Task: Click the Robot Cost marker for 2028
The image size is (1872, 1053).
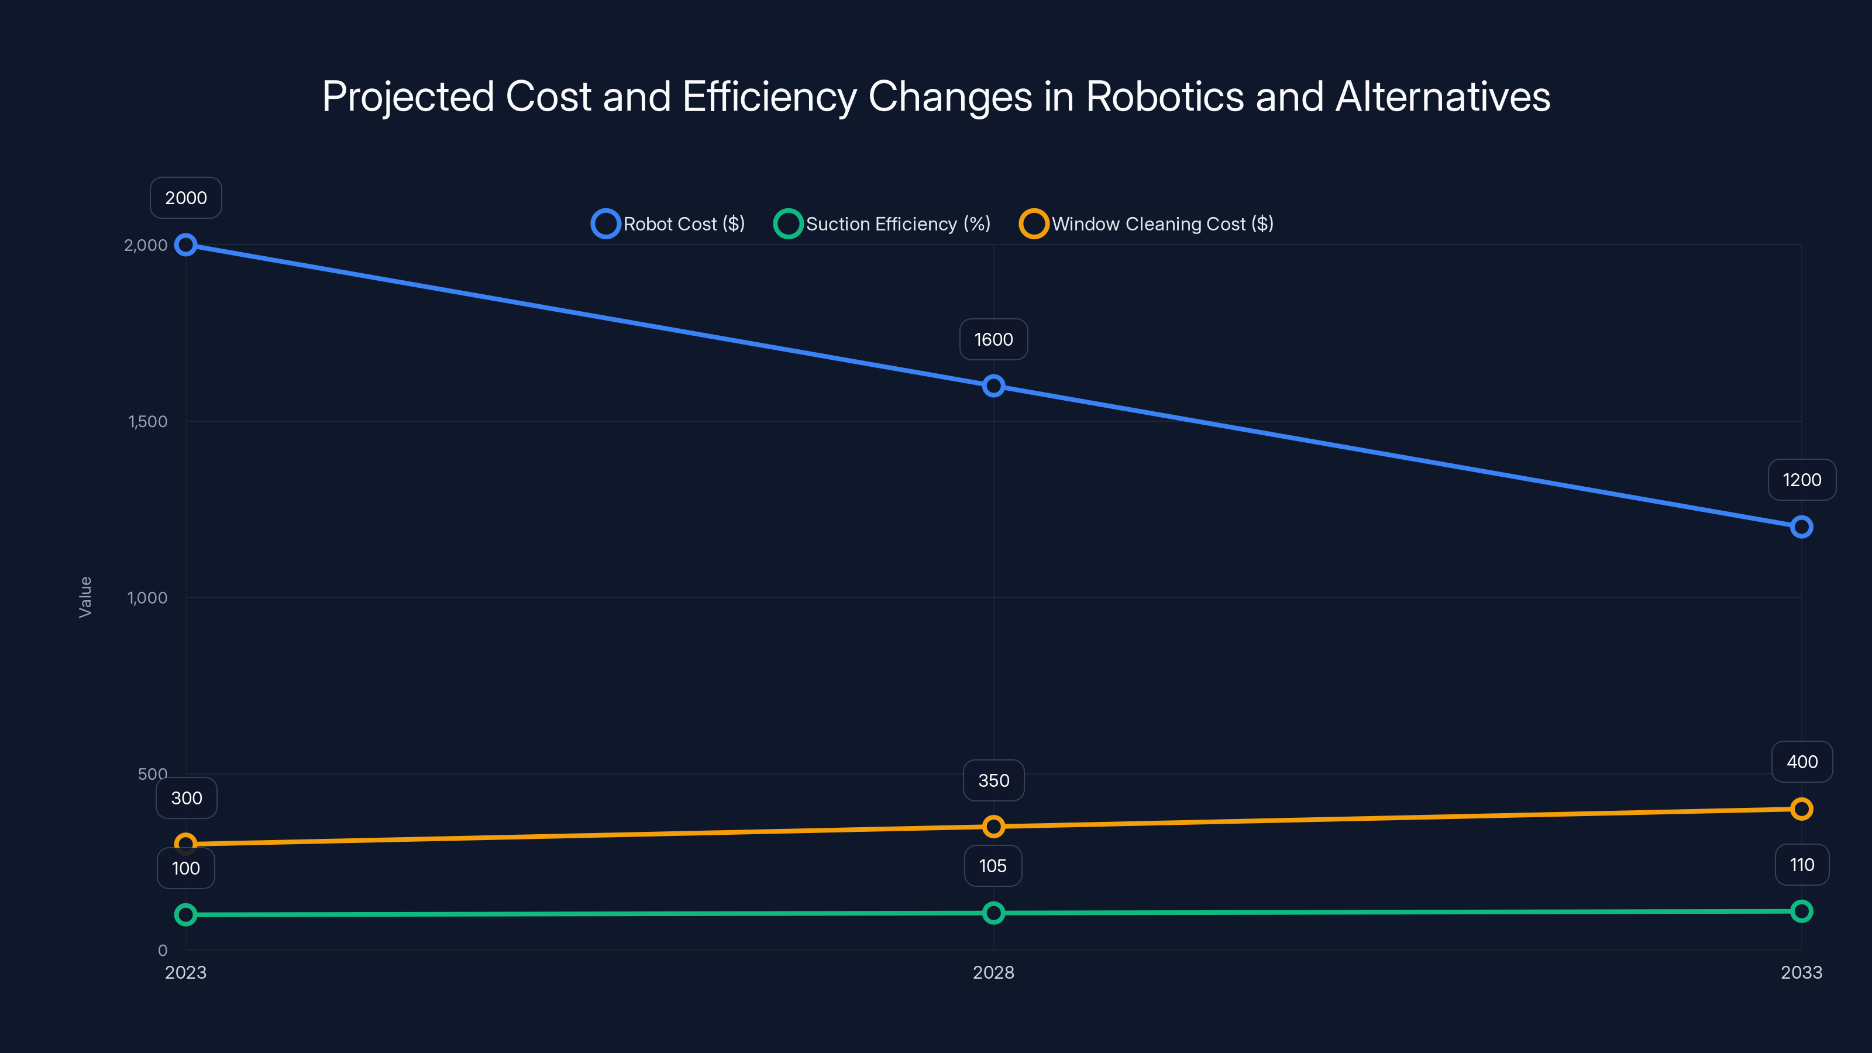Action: point(993,386)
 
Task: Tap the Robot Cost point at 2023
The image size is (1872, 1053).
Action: point(186,245)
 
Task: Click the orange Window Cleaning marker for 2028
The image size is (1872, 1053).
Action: point(993,826)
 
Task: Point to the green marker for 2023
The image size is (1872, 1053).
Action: point(186,915)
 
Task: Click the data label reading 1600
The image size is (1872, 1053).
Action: point(993,339)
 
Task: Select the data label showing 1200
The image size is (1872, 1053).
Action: point(1802,480)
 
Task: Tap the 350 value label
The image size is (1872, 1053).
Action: point(993,780)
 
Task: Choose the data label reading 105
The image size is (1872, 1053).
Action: point(993,866)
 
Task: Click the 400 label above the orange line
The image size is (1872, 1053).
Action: point(1802,762)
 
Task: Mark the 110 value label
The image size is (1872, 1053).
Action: point(1802,865)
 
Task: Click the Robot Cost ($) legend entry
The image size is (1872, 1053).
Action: point(669,224)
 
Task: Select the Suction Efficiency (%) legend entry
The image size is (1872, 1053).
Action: point(883,224)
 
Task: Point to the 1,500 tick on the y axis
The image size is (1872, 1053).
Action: point(147,421)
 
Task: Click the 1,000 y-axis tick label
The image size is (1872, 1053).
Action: point(147,598)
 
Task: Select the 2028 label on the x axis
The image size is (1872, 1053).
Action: point(993,972)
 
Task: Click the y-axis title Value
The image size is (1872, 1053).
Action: point(85,597)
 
